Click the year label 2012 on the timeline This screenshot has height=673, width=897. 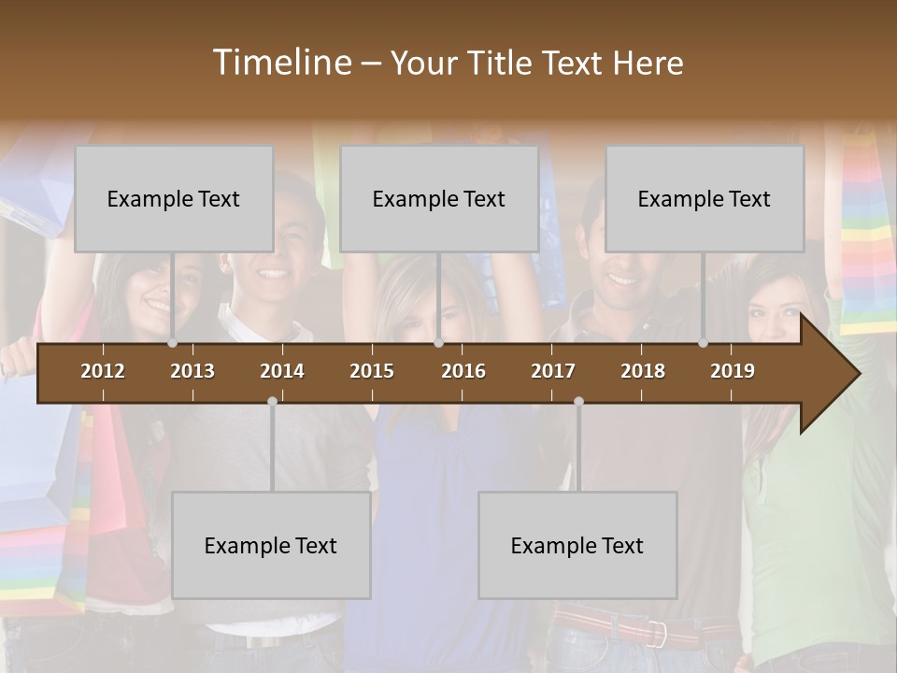point(103,371)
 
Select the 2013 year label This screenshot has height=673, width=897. point(192,371)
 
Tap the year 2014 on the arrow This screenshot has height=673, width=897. point(282,371)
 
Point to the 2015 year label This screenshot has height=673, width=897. point(372,371)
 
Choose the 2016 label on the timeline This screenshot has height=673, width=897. point(463,371)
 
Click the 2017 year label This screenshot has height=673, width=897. point(553,371)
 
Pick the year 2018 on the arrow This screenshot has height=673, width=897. point(643,371)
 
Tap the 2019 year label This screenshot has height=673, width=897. point(733,371)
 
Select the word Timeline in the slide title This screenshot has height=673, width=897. point(280,63)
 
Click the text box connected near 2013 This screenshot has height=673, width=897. point(174,199)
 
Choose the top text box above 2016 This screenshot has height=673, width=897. point(439,199)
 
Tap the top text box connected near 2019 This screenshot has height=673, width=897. point(705,199)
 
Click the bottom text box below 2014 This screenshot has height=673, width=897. point(271,546)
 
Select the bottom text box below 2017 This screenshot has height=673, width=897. point(577,546)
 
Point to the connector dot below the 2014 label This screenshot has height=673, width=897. point(272,402)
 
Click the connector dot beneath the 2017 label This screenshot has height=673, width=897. point(578,402)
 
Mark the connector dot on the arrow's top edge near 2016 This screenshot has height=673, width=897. point(438,343)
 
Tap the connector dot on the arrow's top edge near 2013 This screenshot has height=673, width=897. point(173,343)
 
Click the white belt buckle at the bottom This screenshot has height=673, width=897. point(659,634)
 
